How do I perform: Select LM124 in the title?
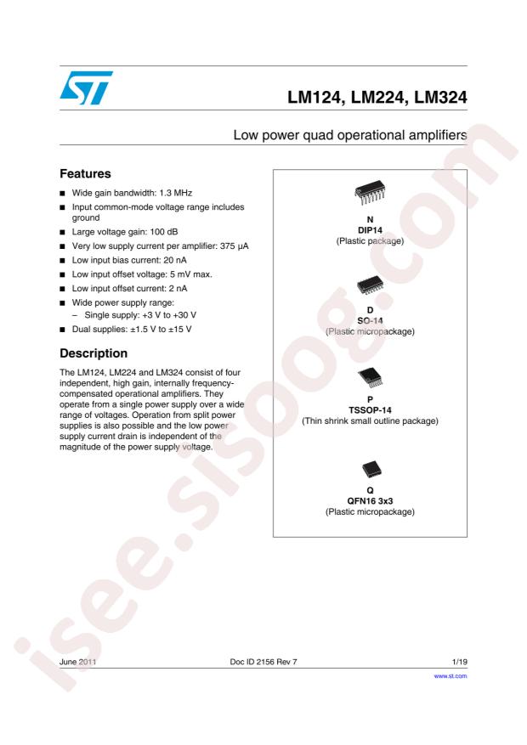point(316,100)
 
